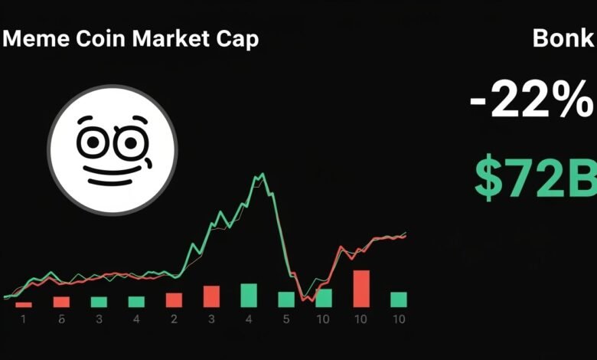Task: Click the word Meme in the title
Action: coord(35,39)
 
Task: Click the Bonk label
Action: coord(563,39)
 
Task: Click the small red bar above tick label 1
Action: coord(24,304)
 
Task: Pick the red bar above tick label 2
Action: coord(175,299)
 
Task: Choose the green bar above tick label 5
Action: coord(286,299)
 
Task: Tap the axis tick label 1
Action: coord(23,319)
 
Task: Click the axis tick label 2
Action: coord(175,319)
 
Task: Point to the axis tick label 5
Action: coord(286,319)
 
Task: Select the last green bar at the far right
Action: coord(399,299)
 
